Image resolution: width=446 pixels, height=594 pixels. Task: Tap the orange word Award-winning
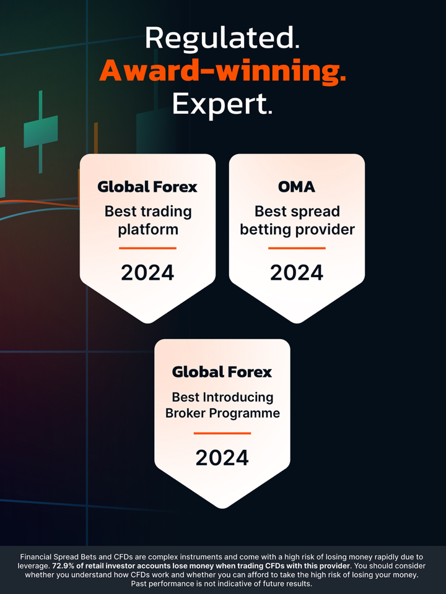(x=222, y=71)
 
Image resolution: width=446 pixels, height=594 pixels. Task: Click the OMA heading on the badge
(x=297, y=187)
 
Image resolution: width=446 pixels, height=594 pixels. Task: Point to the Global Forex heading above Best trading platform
(x=147, y=187)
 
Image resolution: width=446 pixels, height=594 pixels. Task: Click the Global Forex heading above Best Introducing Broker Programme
(x=222, y=372)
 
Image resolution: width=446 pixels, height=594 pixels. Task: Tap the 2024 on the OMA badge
(x=297, y=273)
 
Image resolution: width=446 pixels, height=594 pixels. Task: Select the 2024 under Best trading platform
(x=147, y=273)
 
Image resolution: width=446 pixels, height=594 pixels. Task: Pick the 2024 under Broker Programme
(x=222, y=458)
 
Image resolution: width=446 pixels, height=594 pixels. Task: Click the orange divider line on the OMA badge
(x=297, y=248)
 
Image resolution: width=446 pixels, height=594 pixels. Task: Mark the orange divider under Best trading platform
(x=147, y=248)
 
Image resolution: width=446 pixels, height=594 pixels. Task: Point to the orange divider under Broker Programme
(x=222, y=433)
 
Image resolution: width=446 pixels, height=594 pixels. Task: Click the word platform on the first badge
(x=148, y=230)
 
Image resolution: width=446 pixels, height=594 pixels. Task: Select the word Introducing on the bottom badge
(x=238, y=397)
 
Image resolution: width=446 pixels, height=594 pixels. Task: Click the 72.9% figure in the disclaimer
(x=64, y=566)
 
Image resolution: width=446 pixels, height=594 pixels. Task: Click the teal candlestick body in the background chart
(x=41, y=131)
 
